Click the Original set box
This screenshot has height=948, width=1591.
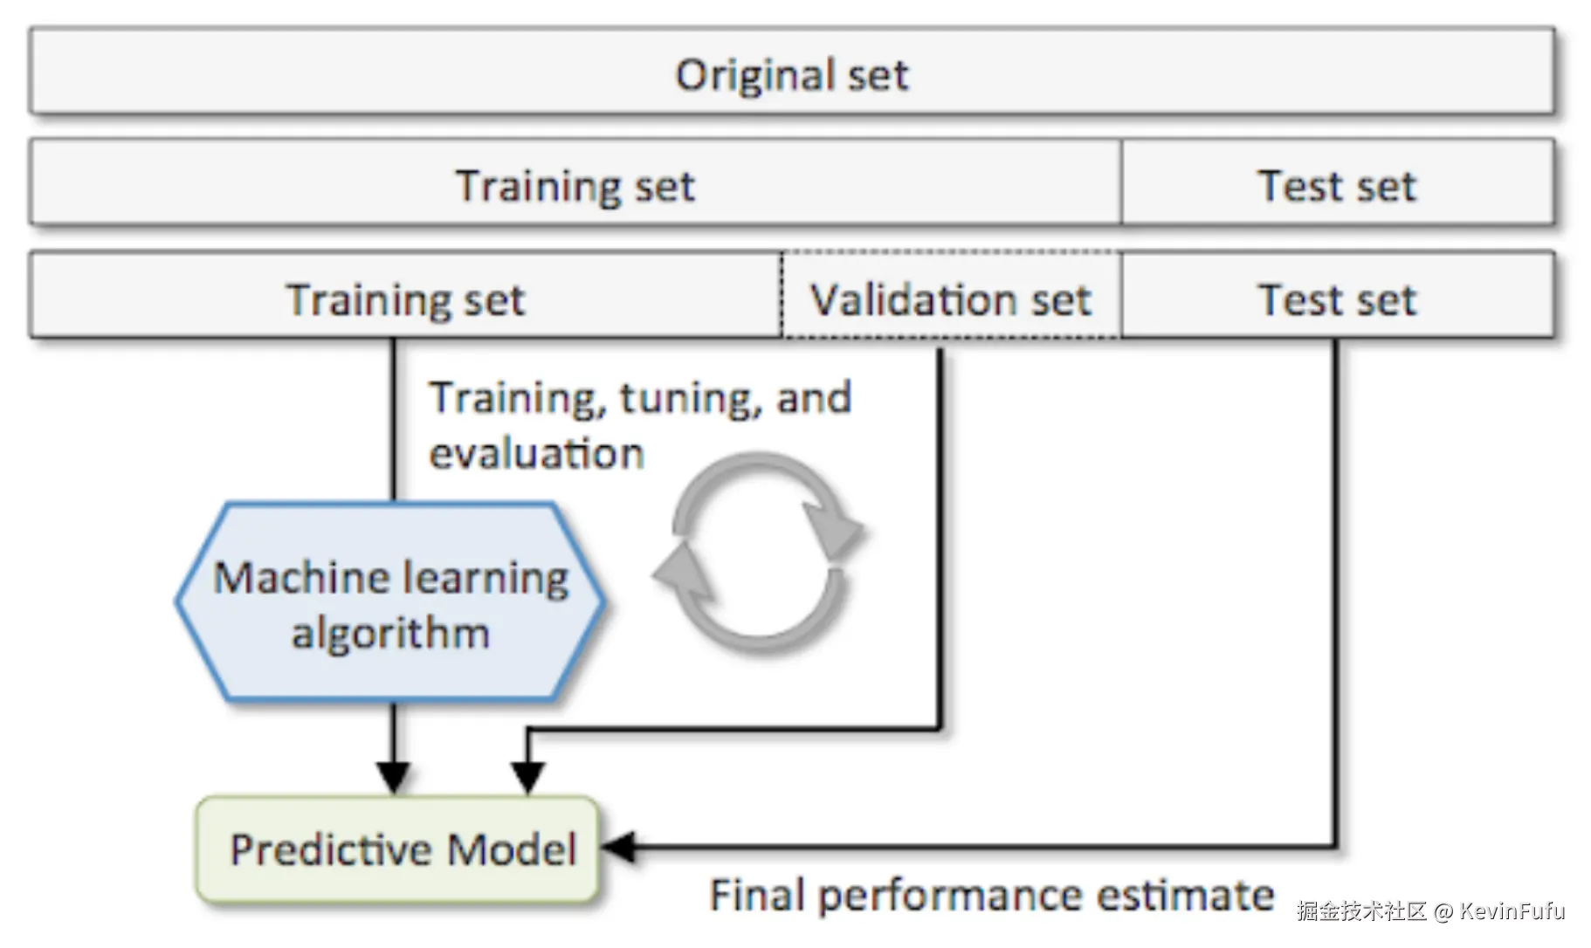click(x=791, y=72)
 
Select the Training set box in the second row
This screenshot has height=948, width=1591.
click(x=575, y=184)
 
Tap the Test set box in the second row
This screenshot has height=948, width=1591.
click(x=1337, y=184)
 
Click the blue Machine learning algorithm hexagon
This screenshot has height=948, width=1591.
click(x=390, y=601)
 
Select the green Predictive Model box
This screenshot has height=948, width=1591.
click(x=398, y=848)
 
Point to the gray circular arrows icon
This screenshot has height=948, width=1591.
click(x=759, y=552)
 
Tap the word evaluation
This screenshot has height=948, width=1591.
click(x=536, y=454)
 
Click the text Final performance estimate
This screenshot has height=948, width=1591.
click(x=991, y=895)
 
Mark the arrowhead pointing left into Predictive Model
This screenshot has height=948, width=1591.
click(x=618, y=847)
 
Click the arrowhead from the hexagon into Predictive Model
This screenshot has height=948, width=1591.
click(x=394, y=776)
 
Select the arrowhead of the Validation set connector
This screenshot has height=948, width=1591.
click(x=527, y=776)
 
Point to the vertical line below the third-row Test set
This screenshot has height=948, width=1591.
click(x=1334, y=594)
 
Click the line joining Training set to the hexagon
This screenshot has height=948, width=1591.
click(x=394, y=419)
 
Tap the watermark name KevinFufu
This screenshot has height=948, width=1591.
click(x=1512, y=910)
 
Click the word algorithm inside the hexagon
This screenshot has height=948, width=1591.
click(x=390, y=632)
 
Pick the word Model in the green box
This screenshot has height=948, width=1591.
click(x=512, y=848)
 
